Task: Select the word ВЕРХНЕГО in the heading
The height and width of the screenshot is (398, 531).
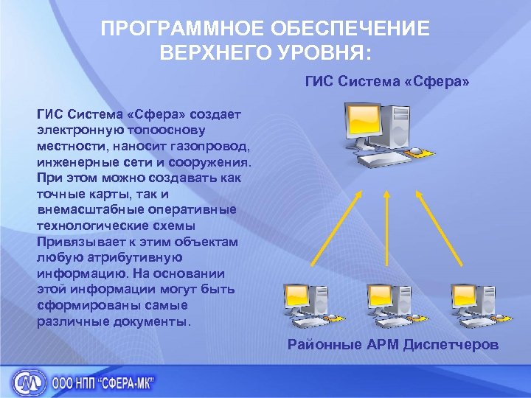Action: [x=214, y=52]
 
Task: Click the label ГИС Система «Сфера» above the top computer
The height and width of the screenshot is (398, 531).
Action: [x=386, y=80]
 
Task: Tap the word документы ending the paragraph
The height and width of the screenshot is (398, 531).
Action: [x=153, y=322]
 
